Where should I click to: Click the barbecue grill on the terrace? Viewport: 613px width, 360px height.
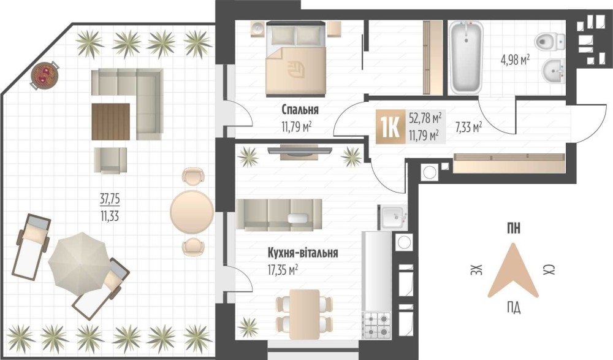click(x=45, y=75)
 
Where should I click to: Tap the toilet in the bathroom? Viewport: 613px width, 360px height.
click(x=550, y=41)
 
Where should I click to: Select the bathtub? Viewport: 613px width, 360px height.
click(x=466, y=57)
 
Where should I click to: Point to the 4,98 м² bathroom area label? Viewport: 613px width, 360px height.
click(x=515, y=60)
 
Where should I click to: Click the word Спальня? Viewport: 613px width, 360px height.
click(x=300, y=110)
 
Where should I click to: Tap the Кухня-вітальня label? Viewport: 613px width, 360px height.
click(x=303, y=253)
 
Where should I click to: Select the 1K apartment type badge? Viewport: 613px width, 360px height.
click(x=389, y=127)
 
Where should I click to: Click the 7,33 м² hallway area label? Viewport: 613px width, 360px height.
click(x=468, y=127)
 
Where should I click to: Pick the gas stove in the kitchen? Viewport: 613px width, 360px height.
click(x=377, y=326)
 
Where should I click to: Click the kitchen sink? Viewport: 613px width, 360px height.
click(x=393, y=216)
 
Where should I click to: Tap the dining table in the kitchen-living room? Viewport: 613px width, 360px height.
click(x=305, y=314)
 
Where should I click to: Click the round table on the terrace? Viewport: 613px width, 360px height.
click(x=192, y=212)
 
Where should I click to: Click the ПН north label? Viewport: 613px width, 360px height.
click(x=514, y=228)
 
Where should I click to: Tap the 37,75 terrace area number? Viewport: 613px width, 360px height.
click(x=110, y=199)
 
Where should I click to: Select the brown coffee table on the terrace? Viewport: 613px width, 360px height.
click(x=110, y=121)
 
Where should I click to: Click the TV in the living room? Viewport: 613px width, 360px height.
click(x=300, y=150)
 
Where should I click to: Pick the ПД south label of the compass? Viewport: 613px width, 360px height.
click(x=514, y=308)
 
